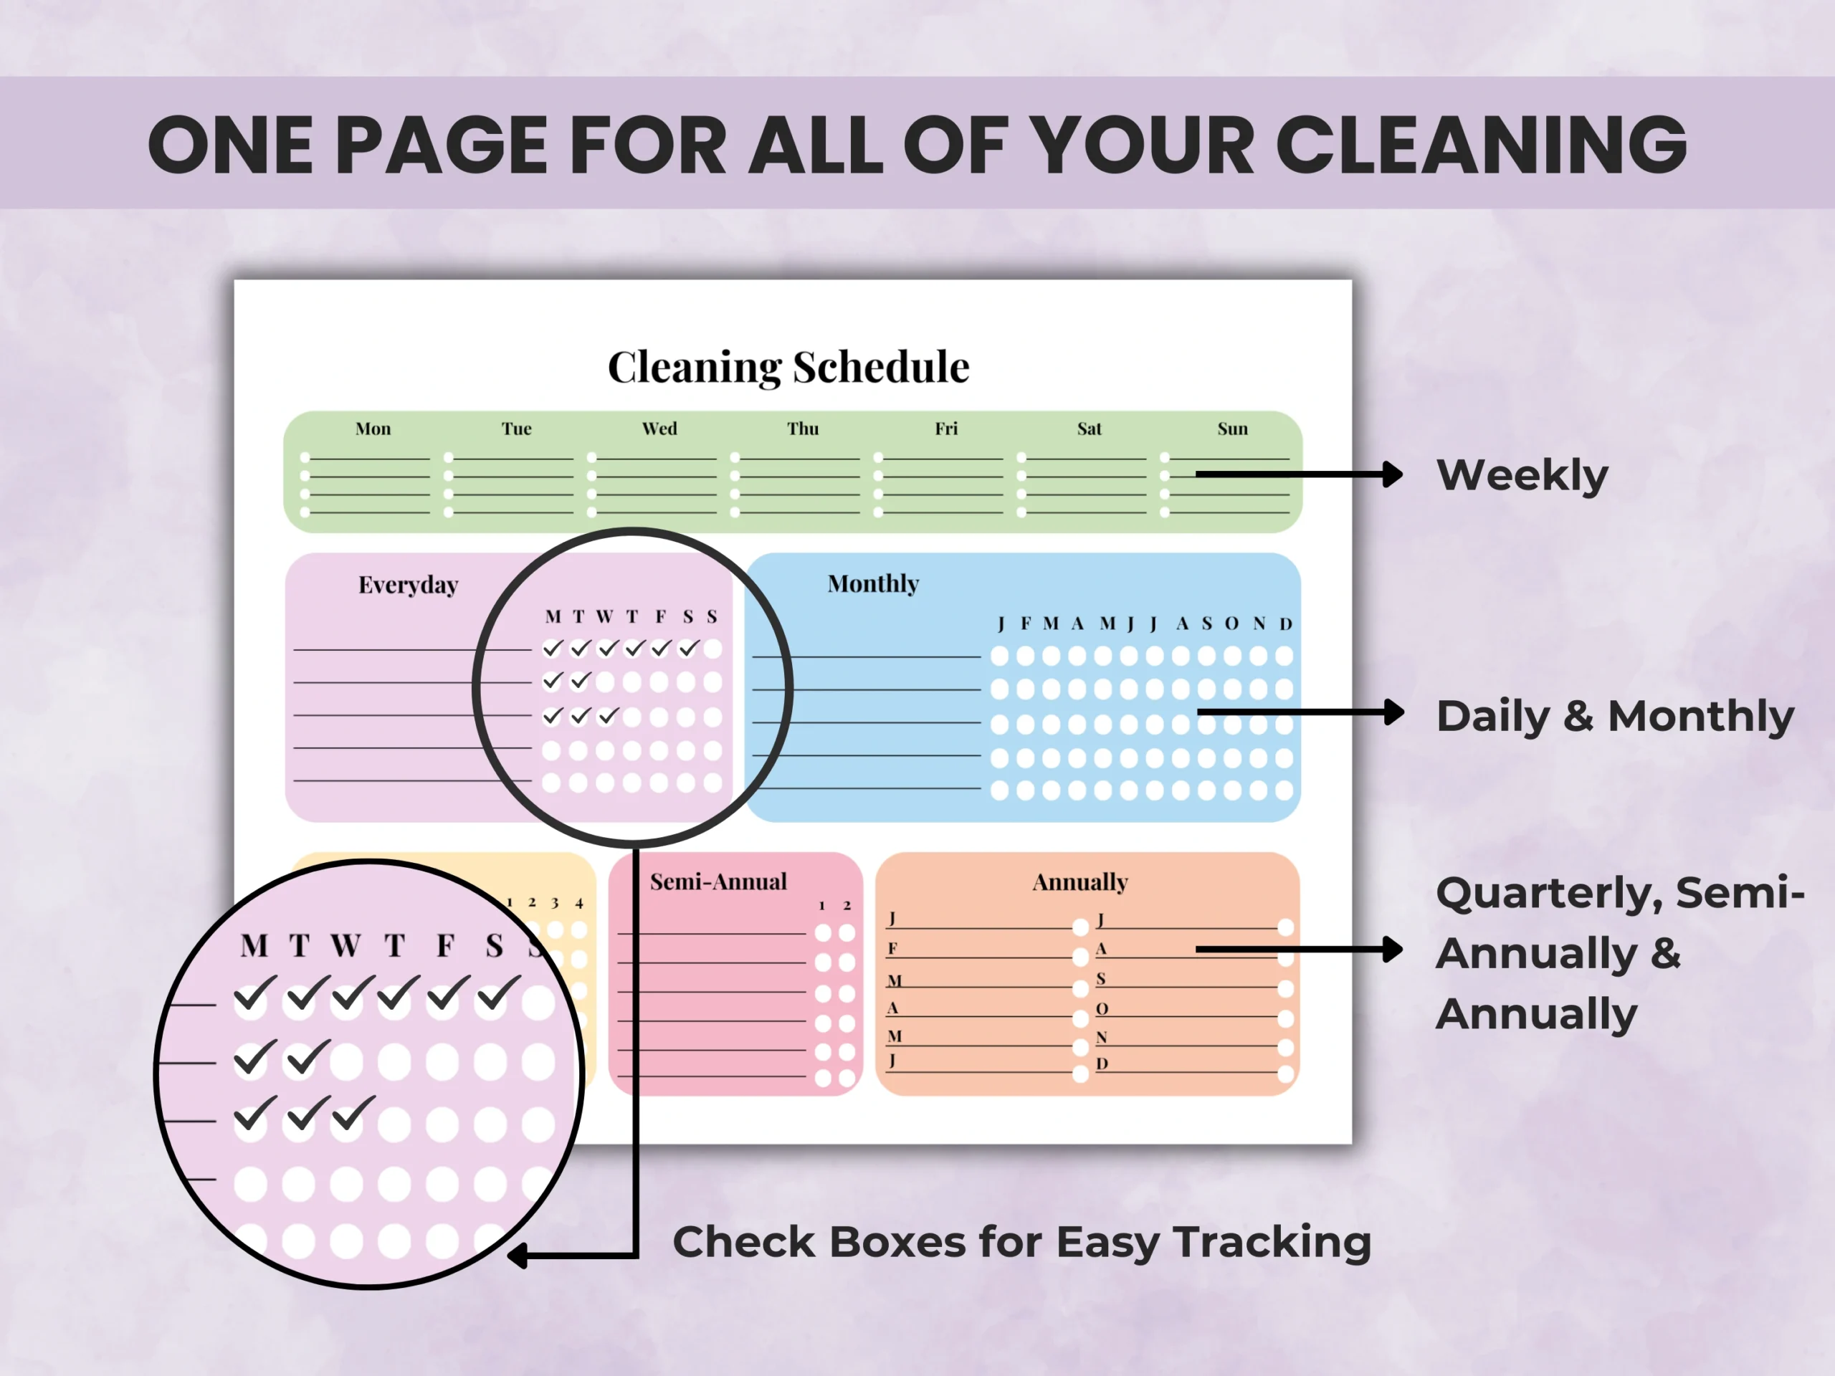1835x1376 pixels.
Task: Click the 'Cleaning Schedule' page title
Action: click(788, 368)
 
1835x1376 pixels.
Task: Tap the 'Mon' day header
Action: click(373, 429)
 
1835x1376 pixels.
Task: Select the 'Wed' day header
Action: click(659, 429)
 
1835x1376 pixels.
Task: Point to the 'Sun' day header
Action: click(1233, 429)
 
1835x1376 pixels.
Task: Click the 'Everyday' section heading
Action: click(408, 586)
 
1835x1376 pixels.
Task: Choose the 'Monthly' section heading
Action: click(874, 584)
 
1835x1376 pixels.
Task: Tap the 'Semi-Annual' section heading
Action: click(718, 881)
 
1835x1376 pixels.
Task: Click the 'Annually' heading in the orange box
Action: click(1080, 882)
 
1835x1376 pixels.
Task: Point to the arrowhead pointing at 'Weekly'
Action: click(1393, 474)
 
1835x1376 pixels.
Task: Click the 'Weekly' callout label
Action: click(1522, 476)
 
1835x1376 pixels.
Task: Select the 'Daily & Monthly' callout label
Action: click(1615, 716)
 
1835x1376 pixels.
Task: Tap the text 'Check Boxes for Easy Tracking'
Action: click(1021, 1243)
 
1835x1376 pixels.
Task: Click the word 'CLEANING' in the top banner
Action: click(1481, 145)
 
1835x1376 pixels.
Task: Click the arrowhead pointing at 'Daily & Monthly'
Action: click(1393, 712)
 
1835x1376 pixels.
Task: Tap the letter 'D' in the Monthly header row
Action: click(1286, 623)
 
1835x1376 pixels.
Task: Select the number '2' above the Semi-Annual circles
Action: click(847, 906)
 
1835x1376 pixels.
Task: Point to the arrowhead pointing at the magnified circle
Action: click(518, 1256)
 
